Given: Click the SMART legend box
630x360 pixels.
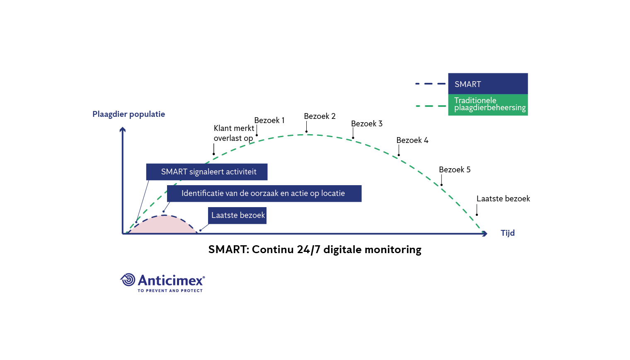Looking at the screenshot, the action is [x=488, y=84].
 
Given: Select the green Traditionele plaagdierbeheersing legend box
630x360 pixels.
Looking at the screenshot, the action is [x=488, y=105].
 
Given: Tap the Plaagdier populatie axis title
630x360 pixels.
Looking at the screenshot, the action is [x=128, y=114].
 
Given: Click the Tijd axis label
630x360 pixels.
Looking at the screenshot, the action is [x=508, y=233].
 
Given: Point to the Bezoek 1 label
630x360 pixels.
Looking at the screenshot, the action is [x=269, y=120].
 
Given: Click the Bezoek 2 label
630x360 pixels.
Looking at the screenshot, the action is [x=320, y=116].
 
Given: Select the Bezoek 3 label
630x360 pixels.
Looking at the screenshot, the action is [x=367, y=123].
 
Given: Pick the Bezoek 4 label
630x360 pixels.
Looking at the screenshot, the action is [x=412, y=140].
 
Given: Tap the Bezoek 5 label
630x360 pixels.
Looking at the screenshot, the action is [x=455, y=170].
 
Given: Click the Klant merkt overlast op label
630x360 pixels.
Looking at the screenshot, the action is [x=234, y=133].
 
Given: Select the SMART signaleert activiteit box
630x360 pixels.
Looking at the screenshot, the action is [x=207, y=172].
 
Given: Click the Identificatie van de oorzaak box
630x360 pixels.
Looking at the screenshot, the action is [x=264, y=193].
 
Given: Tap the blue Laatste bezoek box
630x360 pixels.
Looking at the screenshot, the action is [x=237, y=215].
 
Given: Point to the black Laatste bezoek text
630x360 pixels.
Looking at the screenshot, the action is [x=503, y=199].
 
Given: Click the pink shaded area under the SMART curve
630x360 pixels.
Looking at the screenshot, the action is [x=163, y=225].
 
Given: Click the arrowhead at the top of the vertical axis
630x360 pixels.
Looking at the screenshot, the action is [x=122, y=130].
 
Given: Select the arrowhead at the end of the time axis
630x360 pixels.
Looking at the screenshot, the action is [x=485, y=234].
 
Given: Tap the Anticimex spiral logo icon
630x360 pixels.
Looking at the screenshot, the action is [x=128, y=280].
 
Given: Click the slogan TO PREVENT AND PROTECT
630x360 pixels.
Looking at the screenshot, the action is [x=170, y=290].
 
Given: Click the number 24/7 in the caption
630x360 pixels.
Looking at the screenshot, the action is [x=308, y=249].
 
